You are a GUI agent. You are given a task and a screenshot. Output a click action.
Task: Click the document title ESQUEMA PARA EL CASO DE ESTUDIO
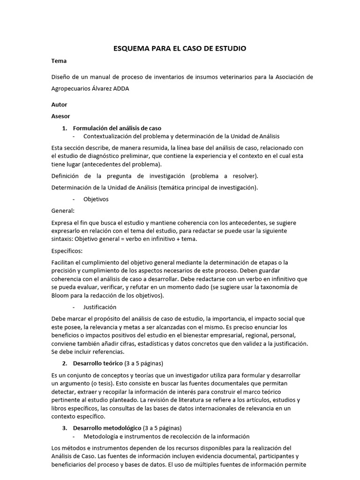(180, 48)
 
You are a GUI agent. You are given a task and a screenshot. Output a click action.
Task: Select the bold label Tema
(59, 61)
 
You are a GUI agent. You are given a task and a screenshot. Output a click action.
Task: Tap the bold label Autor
(59, 105)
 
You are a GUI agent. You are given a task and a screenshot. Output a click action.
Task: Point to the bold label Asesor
(60, 116)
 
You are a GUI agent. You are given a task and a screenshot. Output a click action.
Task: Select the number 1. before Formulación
(65, 128)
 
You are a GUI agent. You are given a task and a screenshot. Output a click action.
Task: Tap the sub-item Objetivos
(96, 199)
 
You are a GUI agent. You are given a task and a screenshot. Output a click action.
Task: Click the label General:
(63, 210)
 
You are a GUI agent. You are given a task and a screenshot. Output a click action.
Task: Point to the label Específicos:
(67, 251)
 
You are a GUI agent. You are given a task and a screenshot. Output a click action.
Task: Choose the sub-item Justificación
(99, 307)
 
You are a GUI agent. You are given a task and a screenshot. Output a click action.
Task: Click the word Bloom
(60, 296)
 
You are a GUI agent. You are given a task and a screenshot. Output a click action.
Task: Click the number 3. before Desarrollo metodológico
(65, 428)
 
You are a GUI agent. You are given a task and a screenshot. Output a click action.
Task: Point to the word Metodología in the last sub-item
(101, 436)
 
